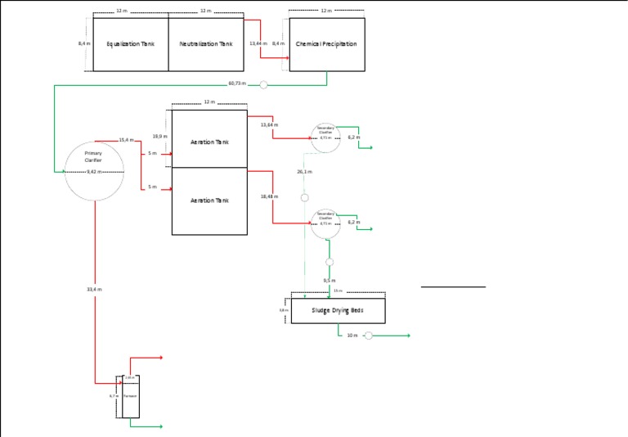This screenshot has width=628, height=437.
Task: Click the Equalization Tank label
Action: pos(130,44)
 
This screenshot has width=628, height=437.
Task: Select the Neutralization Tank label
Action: pos(206,44)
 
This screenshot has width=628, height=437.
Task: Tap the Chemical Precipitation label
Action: pos(326,44)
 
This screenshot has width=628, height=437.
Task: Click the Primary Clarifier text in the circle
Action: pos(93,156)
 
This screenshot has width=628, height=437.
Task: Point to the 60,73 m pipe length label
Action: pos(236,83)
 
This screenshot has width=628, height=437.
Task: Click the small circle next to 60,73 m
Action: pos(263,83)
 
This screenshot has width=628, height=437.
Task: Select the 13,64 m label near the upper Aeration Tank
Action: pos(269,124)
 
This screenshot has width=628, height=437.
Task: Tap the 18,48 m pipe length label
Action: pos(269,196)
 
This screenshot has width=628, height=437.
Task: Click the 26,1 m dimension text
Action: pos(304,172)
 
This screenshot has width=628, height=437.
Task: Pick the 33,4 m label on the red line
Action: pos(94,289)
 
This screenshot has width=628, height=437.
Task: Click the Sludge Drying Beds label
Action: pos(338,311)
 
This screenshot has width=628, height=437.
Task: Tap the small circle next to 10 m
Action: pos(368,336)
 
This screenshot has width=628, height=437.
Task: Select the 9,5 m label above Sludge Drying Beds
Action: pos(329,281)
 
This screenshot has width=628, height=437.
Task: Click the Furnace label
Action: pos(129,396)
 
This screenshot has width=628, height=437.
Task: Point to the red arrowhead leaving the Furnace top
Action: pos(161,358)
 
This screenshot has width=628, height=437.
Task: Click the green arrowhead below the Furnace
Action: pos(161,426)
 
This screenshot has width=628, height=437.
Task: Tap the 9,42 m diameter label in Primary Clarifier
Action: pos(93,173)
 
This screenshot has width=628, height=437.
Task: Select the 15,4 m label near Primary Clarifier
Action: pos(126,140)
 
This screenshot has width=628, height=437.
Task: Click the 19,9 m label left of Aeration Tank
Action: pos(160,137)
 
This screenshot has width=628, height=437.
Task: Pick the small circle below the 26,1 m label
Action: pos(304,197)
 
